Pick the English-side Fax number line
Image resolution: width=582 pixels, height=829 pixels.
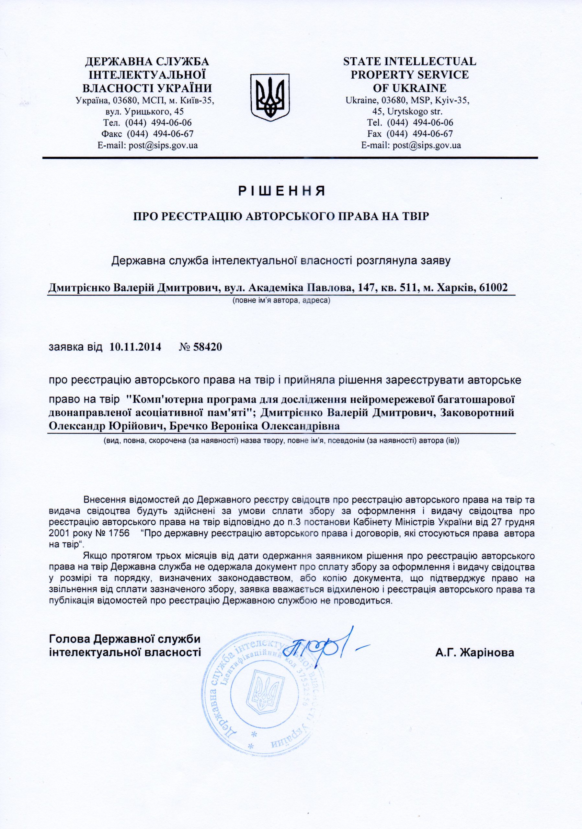pos(410,134)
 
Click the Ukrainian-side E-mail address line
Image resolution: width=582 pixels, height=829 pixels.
pos(148,145)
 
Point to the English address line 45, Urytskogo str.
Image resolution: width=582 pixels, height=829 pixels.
pos(410,111)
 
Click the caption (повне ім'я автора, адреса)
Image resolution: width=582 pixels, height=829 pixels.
pos(281,300)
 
